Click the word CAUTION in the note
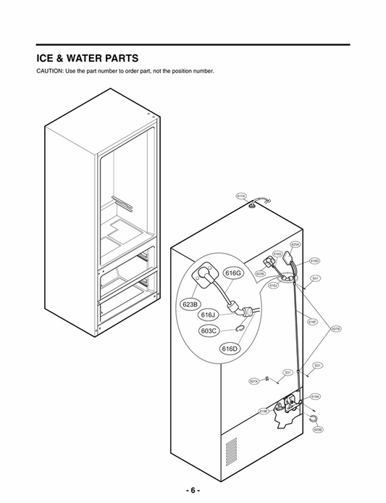click(x=50, y=70)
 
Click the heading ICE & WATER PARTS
click(x=88, y=57)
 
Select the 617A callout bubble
click(x=242, y=196)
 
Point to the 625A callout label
click(x=295, y=245)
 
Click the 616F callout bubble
click(x=312, y=322)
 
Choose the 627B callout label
click(x=335, y=329)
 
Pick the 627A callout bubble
click(x=253, y=381)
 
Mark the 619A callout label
click(x=315, y=396)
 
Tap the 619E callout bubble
click(x=264, y=411)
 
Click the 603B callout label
click(x=317, y=429)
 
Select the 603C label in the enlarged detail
click(x=210, y=331)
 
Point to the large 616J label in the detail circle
click(x=209, y=315)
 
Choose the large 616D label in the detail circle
click(x=230, y=349)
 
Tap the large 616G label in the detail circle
click(x=232, y=273)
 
